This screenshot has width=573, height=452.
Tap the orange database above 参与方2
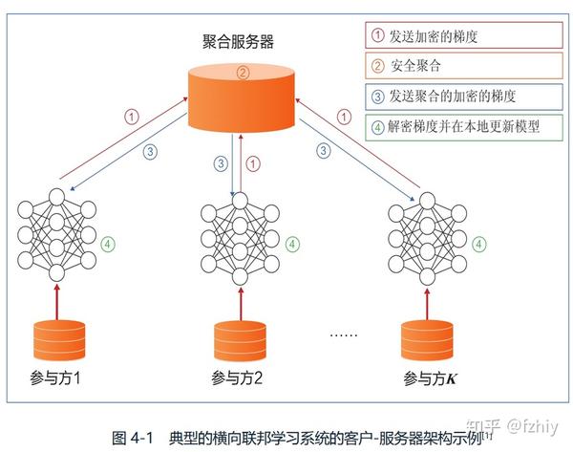[238, 340]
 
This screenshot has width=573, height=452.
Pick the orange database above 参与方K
[426, 340]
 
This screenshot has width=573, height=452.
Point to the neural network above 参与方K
[425, 235]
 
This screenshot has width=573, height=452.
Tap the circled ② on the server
[243, 73]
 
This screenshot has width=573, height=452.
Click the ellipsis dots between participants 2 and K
[343, 335]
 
